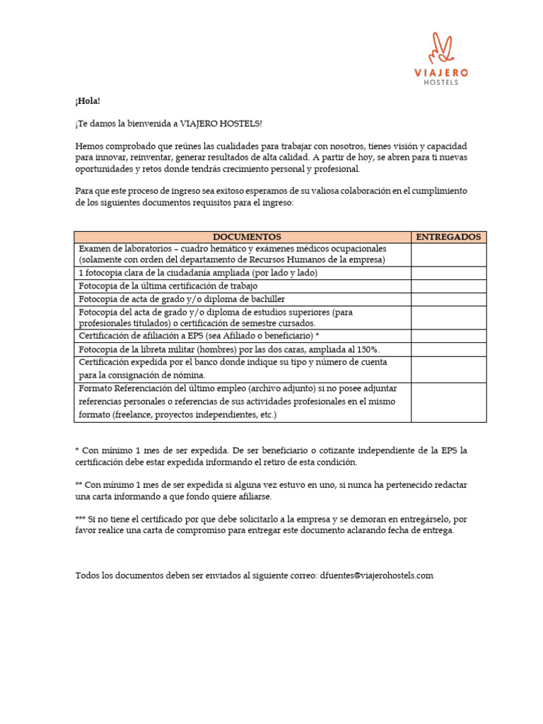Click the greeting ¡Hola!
88,101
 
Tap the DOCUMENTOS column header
243,237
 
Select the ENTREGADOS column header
448,237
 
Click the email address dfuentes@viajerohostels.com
376,576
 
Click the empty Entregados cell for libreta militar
448,349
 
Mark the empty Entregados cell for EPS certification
448,336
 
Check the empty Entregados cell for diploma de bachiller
448,299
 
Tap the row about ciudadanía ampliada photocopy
198,272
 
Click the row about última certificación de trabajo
168,286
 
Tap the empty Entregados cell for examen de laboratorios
448,254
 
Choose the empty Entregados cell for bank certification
448,368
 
